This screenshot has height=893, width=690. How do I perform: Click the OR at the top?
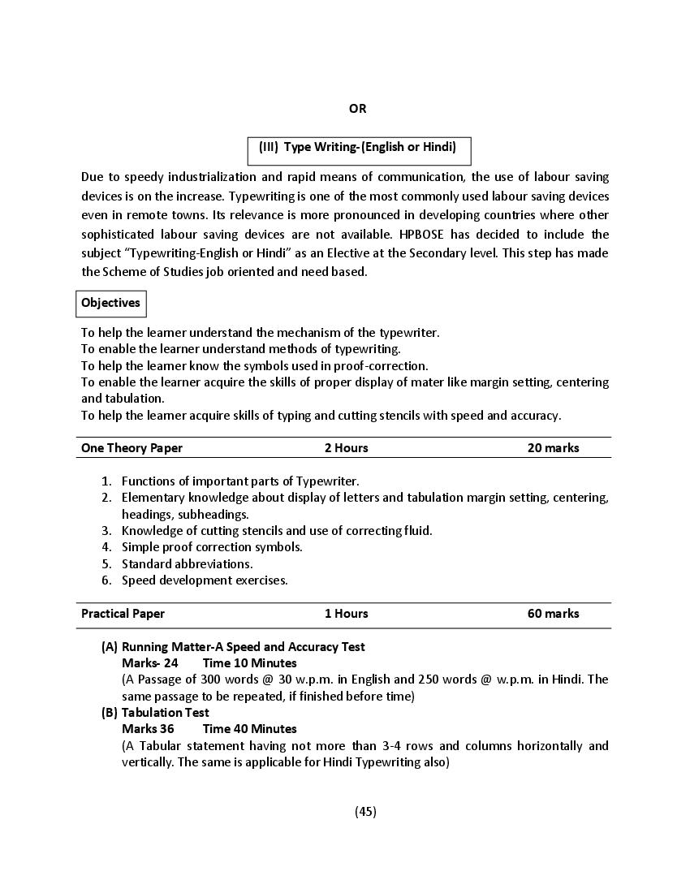click(x=357, y=109)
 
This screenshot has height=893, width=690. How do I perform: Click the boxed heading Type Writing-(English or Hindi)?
click(x=358, y=148)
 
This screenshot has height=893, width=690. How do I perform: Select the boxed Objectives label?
click(x=111, y=303)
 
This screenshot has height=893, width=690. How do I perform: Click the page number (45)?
click(x=365, y=811)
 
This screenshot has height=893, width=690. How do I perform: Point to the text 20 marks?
click(x=553, y=448)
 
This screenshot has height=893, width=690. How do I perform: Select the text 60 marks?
click(x=553, y=614)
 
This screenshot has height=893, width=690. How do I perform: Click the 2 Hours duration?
click(x=346, y=448)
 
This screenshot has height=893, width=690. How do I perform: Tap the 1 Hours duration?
click(x=346, y=614)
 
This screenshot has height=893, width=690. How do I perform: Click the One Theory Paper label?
click(x=132, y=448)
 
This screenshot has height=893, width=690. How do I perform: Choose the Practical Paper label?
click(x=123, y=614)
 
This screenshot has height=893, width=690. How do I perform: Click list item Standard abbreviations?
click(x=187, y=563)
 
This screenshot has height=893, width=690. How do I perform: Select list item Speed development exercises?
click(x=205, y=580)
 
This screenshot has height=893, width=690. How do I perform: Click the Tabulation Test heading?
click(x=165, y=713)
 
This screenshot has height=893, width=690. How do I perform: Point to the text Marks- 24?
click(x=149, y=663)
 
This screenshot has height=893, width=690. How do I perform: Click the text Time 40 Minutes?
click(x=249, y=729)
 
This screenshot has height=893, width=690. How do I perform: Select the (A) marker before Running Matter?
click(x=110, y=647)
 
